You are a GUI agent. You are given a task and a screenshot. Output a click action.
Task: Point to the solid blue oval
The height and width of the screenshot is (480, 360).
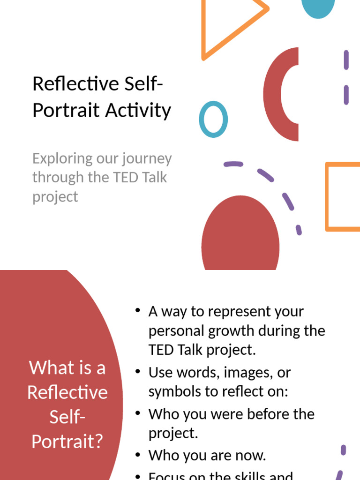(318, 7)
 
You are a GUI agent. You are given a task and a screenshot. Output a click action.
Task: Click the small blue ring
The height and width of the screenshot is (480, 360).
(213, 119)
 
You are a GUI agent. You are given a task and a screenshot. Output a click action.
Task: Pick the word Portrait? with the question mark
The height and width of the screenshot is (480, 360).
(67, 441)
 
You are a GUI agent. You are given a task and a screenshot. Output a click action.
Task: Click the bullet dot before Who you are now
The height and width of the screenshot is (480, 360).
(137, 454)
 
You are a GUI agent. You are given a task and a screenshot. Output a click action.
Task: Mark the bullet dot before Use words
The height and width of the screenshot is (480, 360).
(137, 371)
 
